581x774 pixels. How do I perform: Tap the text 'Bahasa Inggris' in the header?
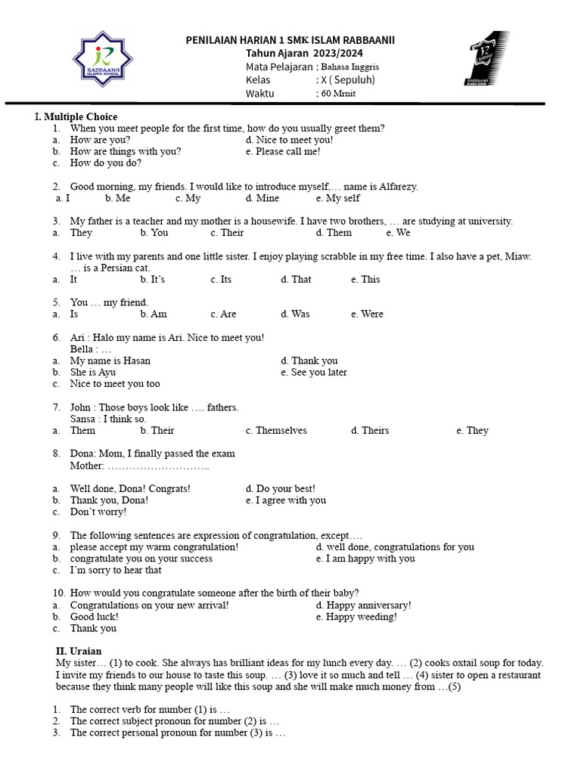click(x=350, y=67)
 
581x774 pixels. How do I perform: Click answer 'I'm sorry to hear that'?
click(x=115, y=570)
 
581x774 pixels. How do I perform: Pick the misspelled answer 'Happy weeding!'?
click(x=360, y=617)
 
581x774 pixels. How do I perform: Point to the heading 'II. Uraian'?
click(x=79, y=651)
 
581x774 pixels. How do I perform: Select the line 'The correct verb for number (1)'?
click(x=149, y=710)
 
